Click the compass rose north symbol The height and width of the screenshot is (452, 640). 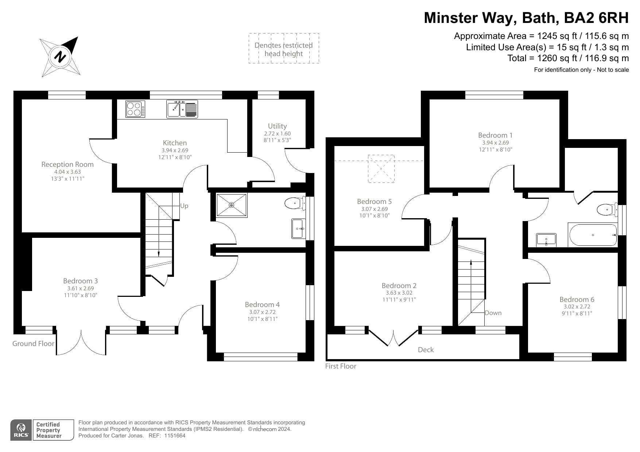tap(61, 57)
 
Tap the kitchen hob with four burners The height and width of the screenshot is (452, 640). tap(135, 109)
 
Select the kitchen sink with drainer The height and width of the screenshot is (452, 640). tap(182, 109)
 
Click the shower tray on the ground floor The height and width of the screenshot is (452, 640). tap(232, 205)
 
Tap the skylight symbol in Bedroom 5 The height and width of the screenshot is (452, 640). tap(381, 169)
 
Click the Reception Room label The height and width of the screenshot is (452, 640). tap(67, 164)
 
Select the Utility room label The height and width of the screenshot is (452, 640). tap(277, 126)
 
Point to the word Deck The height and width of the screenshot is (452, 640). tap(426, 350)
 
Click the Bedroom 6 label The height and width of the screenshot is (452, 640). tap(577, 299)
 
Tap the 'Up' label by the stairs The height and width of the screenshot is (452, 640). tap(184, 206)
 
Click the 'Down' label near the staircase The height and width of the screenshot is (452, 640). tap(493, 313)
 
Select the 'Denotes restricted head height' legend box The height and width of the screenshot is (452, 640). tap(284, 48)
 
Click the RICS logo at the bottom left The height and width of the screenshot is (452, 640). tap(21, 430)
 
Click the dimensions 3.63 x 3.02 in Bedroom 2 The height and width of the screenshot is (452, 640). tap(399, 293)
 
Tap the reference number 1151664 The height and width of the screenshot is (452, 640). tap(175, 436)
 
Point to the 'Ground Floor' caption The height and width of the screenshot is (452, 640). tap(33, 343)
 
